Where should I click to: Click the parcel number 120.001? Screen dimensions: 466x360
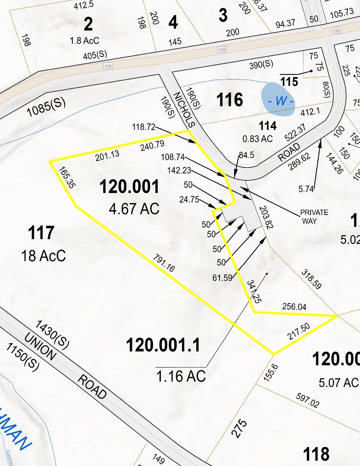pyautogui.click(x=129, y=187)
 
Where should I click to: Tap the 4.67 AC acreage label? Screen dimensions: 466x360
pyautogui.click(x=134, y=209)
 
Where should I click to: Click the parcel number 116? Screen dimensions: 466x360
pyautogui.click(x=230, y=100)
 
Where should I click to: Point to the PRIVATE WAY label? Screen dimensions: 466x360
pyautogui.click(x=314, y=216)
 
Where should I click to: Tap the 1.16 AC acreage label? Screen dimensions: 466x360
pyautogui.click(x=181, y=376)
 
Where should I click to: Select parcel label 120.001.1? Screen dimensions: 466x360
pyautogui.click(x=163, y=345)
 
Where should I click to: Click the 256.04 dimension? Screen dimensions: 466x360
pyautogui.click(x=294, y=306)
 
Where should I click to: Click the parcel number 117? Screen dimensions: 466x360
pyautogui.click(x=41, y=233)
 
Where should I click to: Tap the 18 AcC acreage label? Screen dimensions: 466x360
pyautogui.click(x=43, y=256)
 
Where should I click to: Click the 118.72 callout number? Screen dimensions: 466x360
pyautogui.click(x=143, y=127)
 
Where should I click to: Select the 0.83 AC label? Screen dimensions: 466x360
pyautogui.click(x=257, y=139)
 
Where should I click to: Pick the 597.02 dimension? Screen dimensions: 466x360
pyautogui.click(x=307, y=401)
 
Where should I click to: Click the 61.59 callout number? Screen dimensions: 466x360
pyautogui.click(x=222, y=277)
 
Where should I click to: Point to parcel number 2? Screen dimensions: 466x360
pyautogui.click(x=88, y=25)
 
